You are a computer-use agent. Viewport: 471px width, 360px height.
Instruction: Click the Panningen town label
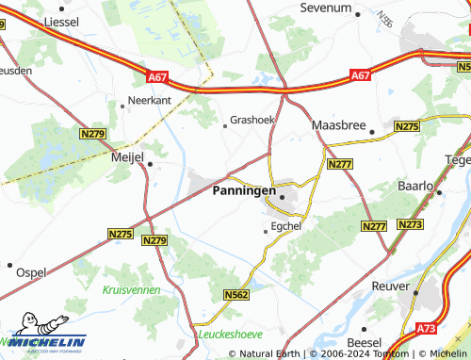[x=243, y=190]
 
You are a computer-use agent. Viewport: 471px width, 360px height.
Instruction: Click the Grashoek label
[x=252, y=121]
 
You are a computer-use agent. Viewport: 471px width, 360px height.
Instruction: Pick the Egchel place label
[x=286, y=226]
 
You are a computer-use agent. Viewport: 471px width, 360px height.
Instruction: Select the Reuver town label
[x=391, y=285]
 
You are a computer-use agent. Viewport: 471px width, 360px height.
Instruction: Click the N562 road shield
[x=236, y=295]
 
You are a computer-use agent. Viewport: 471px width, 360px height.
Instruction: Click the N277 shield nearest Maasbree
[x=339, y=165]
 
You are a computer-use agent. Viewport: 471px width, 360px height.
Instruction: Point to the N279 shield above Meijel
[x=93, y=135]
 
